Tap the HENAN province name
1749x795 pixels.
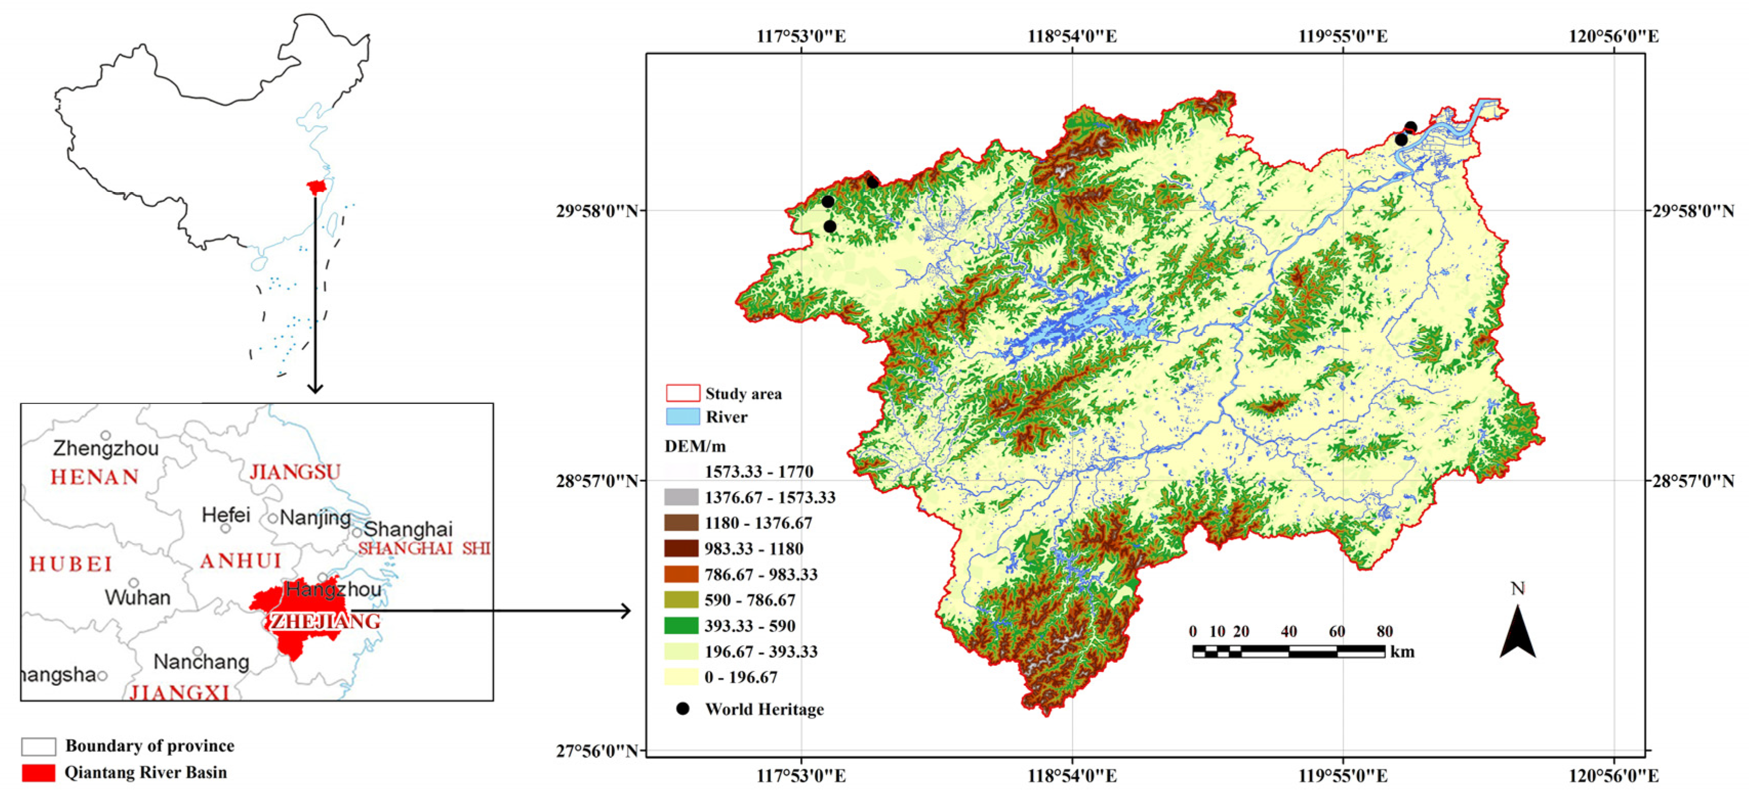coord(95,477)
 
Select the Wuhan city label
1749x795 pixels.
coord(137,598)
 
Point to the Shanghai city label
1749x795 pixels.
coord(408,529)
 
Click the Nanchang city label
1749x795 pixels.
coord(201,661)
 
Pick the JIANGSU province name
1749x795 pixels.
coord(295,472)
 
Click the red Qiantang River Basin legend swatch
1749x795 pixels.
coord(38,772)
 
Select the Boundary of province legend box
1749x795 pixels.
coord(38,746)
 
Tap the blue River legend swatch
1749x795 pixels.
coord(682,417)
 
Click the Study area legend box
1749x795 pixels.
coord(682,393)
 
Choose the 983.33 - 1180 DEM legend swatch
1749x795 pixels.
coord(681,548)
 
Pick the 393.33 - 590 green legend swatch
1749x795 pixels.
coord(681,625)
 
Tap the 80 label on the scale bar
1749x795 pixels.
coord(1385,631)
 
